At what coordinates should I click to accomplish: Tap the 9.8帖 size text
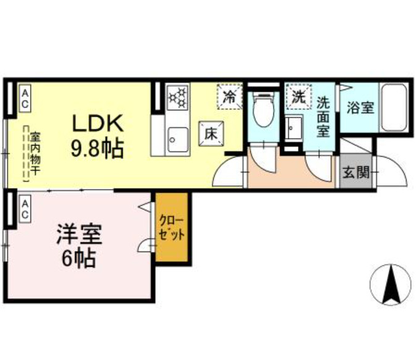pyautogui.click(x=98, y=148)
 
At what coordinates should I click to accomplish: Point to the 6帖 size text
pyautogui.click(x=79, y=259)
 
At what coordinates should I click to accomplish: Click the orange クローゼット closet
pyautogui.click(x=171, y=228)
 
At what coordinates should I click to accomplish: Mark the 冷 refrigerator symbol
pyautogui.click(x=229, y=96)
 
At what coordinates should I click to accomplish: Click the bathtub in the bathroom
pyautogui.click(x=393, y=107)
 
